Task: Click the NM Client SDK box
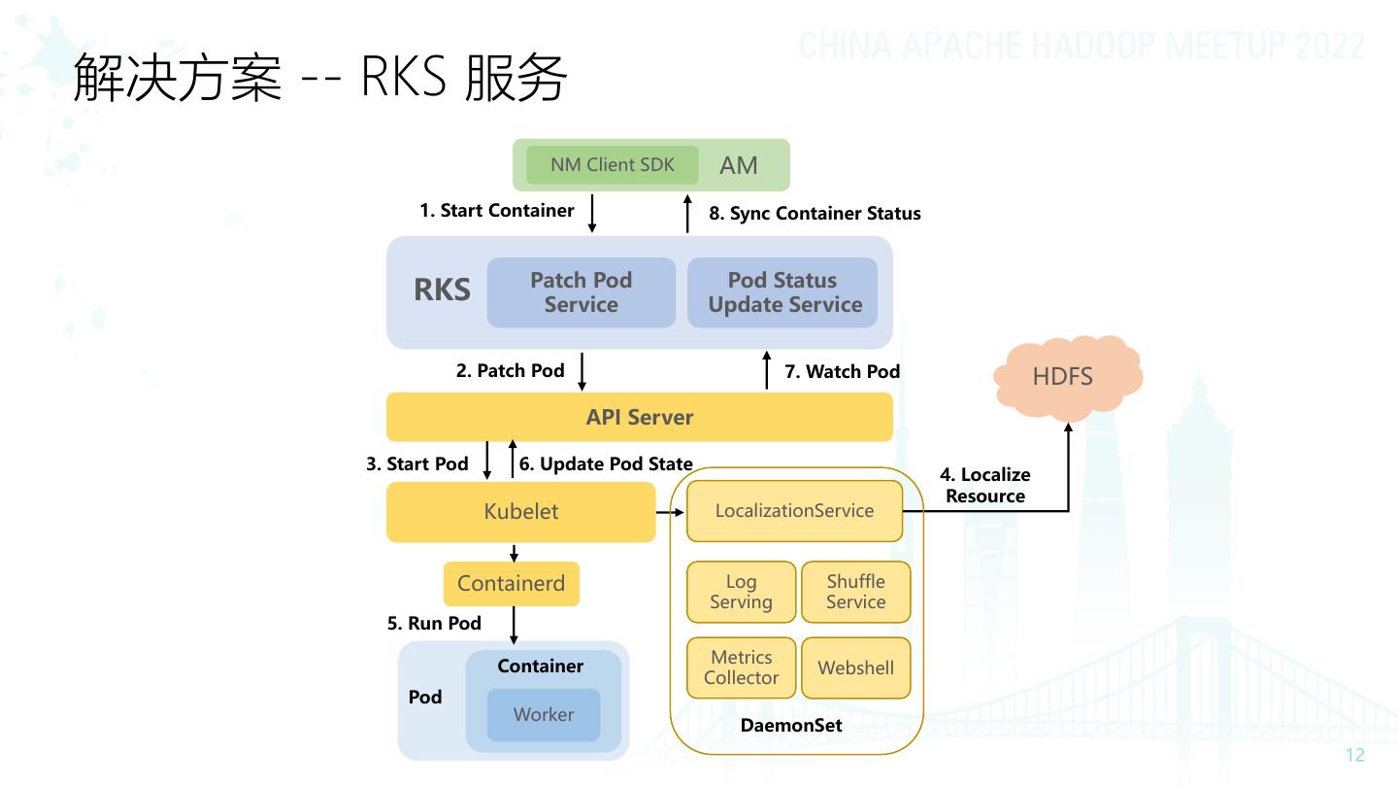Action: (613, 165)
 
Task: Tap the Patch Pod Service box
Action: (581, 292)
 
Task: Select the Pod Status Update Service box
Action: (782, 292)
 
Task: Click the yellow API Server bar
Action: (639, 417)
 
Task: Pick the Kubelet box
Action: (521, 512)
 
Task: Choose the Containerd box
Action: (511, 584)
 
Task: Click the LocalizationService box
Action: (794, 511)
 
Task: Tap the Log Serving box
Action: (741, 592)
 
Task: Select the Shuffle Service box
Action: (855, 592)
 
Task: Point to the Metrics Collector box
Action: (741, 667)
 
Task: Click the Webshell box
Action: (855, 667)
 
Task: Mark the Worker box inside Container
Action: (544, 714)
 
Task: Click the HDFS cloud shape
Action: (1064, 376)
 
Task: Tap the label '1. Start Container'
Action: (496, 211)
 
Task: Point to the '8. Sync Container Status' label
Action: (815, 214)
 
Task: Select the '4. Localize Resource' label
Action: (985, 485)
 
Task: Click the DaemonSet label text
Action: (791, 726)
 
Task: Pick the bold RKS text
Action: (442, 291)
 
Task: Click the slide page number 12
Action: (1355, 756)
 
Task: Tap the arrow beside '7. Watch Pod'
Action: (767, 372)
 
